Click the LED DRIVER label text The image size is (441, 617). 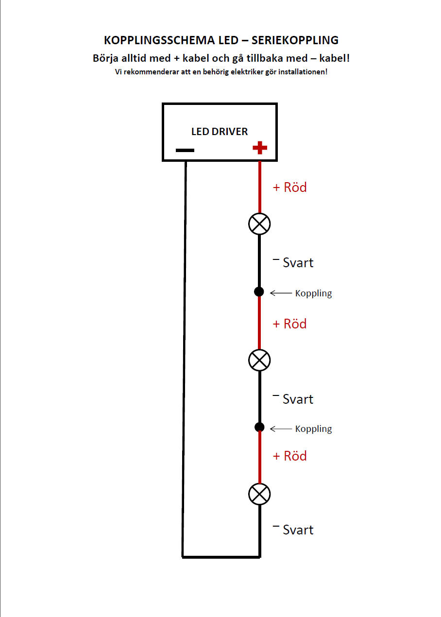[220, 131]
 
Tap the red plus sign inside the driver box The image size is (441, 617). [259, 148]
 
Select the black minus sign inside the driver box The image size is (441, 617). [185, 150]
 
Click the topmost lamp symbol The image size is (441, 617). [259, 223]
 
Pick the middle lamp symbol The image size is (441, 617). [259, 360]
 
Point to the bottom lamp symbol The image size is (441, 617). [259, 494]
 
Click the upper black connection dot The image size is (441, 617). [259, 291]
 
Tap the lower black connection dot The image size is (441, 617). [259, 427]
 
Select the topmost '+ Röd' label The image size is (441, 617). [289, 188]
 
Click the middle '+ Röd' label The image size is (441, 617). [289, 324]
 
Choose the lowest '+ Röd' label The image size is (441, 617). [289, 456]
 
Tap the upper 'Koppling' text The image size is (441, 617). [314, 293]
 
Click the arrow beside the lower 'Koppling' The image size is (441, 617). [281, 428]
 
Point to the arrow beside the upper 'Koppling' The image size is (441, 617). [281, 293]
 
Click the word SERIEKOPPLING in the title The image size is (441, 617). [295, 40]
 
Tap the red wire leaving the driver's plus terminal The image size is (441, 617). [259, 187]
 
